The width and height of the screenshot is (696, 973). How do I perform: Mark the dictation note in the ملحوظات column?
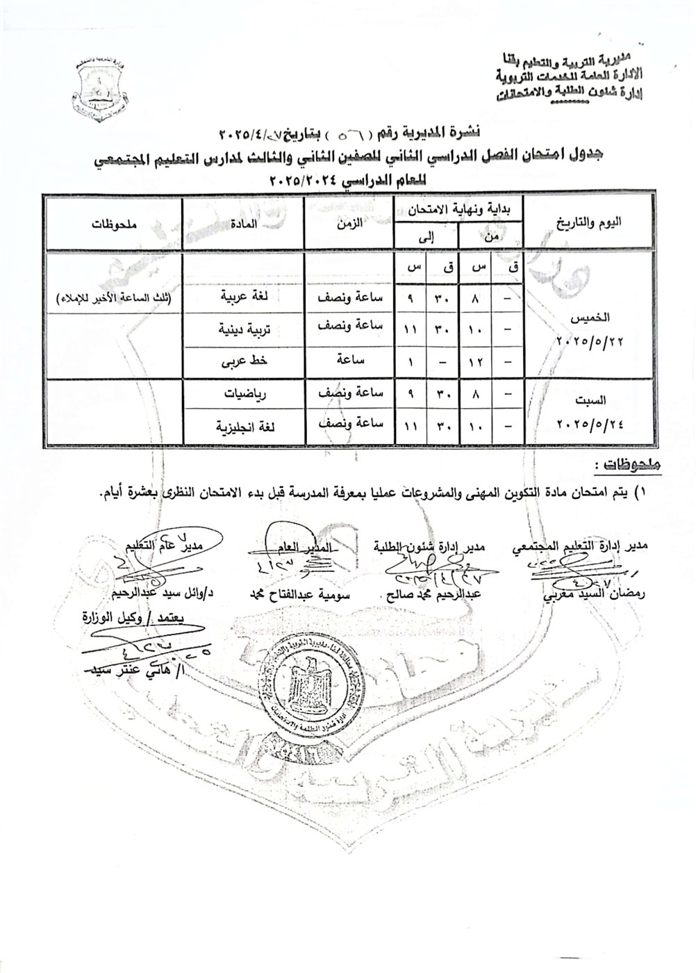click(x=115, y=299)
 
